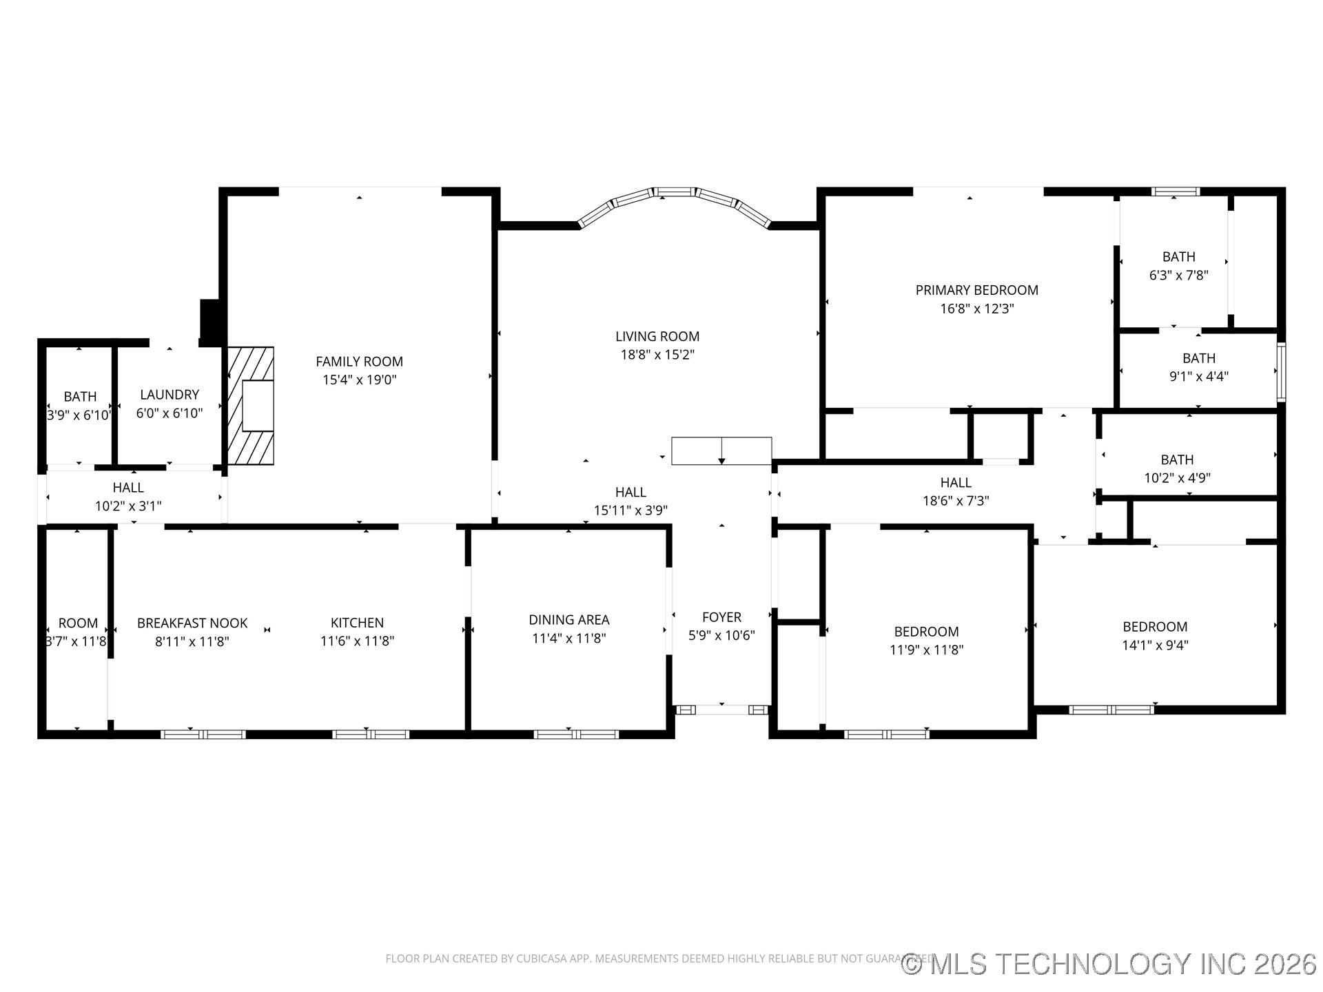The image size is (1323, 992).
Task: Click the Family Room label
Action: pyautogui.click(x=359, y=362)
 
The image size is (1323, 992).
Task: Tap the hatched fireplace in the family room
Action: pyautogui.click(x=251, y=406)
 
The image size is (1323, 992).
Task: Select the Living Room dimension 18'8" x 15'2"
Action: pyautogui.click(x=657, y=355)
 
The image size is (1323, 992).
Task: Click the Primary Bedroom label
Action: pyautogui.click(x=976, y=290)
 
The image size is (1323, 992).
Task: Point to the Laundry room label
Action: pyautogui.click(x=170, y=395)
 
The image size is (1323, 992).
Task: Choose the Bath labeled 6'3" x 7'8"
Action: pyautogui.click(x=1178, y=265)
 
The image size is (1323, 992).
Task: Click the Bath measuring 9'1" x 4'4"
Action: pyautogui.click(x=1198, y=367)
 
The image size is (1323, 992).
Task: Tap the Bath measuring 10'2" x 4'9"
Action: pyautogui.click(x=1177, y=468)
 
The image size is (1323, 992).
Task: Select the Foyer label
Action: pyautogui.click(x=721, y=617)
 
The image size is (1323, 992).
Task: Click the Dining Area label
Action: pyautogui.click(x=568, y=620)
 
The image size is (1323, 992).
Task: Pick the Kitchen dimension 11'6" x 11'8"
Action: pyautogui.click(x=357, y=641)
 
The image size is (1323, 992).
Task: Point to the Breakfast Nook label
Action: pyautogui.click(x=192, y=623)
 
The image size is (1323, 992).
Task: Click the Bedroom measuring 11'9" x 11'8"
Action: pyautogui.click(x=926, y=641)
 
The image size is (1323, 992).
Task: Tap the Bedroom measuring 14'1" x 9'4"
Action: pyautogui.click(x=1154, y=636)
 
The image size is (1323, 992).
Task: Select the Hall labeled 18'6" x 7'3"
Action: pyautogui.click(x=956, y=492)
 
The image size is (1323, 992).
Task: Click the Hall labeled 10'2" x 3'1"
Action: pyautogui.click(x=128, y=497)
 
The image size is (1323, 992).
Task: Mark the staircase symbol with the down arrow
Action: pyautogui.click(x=721, y=451)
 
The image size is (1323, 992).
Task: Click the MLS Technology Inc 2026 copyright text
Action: pyautogui.click(x=1109, y=964)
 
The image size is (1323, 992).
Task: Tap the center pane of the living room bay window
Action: pyautogui.click(x=675, y=192)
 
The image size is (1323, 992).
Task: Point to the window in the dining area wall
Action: pyautogui.click(x=576, y=734)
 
